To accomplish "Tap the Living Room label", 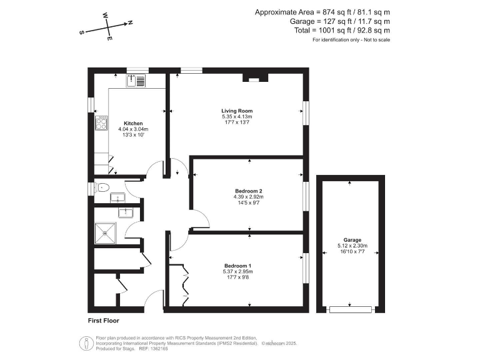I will (x=237, y=111).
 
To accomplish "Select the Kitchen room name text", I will (x=133, y=123).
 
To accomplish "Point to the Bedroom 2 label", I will (x=247, y=191).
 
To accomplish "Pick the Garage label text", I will (x=352, y=240).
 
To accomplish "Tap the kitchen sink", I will (x=136, y=80).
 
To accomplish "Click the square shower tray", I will (x=106, y=233).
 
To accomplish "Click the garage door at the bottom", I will (x=351, y=309).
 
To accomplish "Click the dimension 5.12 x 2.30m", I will (x=352, y=246).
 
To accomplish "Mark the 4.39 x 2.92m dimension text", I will (x=247, y=197).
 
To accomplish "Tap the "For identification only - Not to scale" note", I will (x=351, y=40).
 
